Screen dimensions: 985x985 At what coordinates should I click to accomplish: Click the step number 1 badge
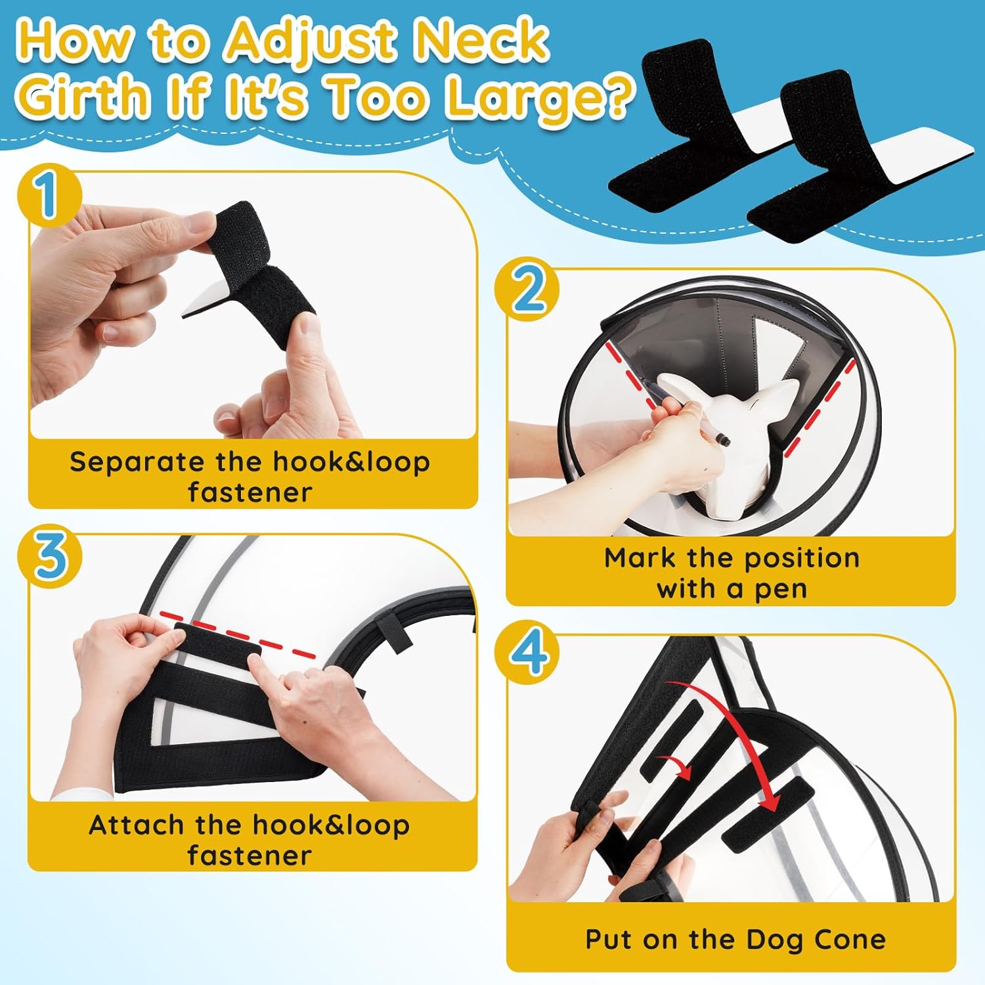pyautogui.click(x=49, y=195)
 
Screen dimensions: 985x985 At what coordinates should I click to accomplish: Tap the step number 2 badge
pyautogui.click(x=527, y=292)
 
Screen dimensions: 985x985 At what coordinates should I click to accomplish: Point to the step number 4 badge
pyautogui.click(x=527, y=654)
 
